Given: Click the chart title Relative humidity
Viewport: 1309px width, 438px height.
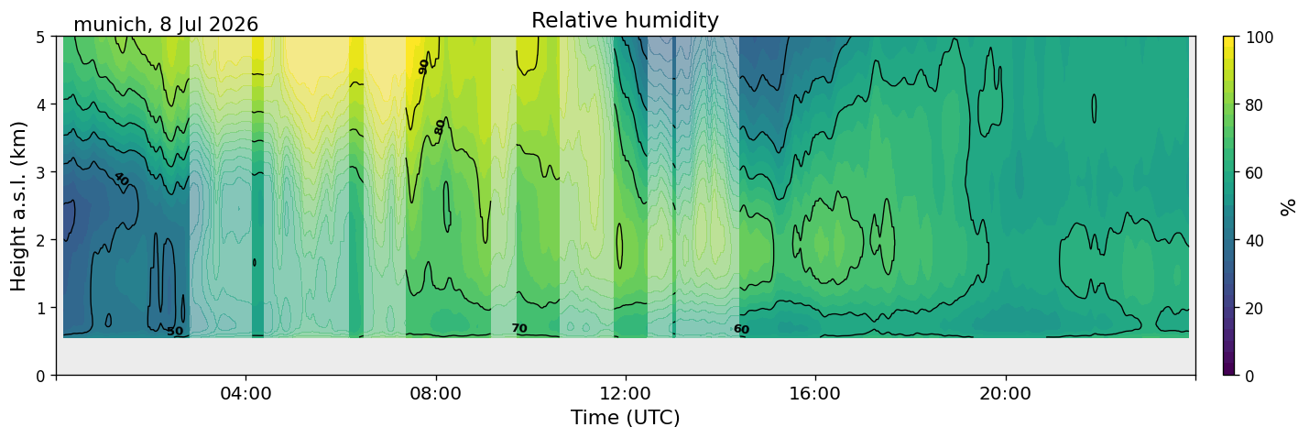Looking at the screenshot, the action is [625, 20].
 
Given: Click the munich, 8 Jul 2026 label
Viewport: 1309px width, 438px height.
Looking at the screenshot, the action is [166, 25].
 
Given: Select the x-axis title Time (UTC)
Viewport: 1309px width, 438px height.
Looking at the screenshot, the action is [626, 418].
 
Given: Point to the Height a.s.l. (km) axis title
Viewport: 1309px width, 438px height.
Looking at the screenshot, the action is [18, 206].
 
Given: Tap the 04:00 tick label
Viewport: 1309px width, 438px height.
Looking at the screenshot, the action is [245, 393].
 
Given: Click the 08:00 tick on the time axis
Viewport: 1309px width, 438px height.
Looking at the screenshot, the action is [435, 393].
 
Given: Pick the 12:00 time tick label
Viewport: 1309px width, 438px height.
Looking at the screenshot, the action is [626, 393].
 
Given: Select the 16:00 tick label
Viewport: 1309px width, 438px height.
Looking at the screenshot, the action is [815, 393].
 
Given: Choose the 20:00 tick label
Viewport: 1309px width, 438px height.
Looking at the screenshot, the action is [1005, 393].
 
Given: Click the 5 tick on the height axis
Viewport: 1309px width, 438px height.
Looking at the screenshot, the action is [40, 38].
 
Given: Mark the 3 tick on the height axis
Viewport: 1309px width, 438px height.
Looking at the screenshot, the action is [40, 172].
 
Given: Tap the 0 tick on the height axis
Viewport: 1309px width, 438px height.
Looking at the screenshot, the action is [40, 376].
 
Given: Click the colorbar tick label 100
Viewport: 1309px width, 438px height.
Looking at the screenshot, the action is [1259, 38].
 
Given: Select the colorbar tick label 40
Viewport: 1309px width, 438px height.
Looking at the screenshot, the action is [1254, 240].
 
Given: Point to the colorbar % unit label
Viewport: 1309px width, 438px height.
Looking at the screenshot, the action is [1287, 207].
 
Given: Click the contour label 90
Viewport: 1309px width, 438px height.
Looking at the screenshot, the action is [424, 67].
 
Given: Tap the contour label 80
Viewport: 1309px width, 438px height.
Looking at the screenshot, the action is [440, 126].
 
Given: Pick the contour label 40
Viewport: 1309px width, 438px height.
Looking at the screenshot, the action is [122, 179].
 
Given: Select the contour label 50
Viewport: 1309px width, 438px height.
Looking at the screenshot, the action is [175, 331].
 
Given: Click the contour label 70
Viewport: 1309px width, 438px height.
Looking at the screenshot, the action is [519, 328].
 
